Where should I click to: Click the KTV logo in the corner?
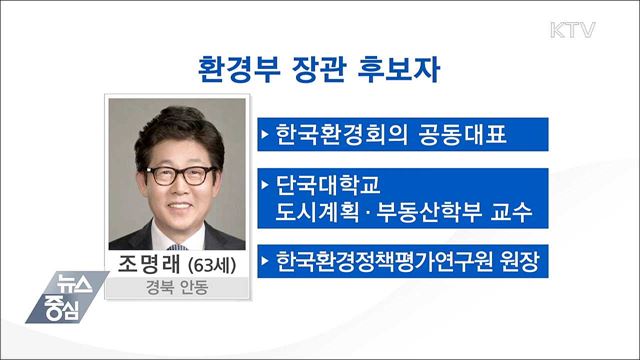click(573, 28)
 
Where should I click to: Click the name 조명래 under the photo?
click(146, 264)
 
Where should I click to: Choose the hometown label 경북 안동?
click(175, 290)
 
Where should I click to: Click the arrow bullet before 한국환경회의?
click(264, 132)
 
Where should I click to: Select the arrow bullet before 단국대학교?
click(264, 185)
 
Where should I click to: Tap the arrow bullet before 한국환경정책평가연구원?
click(264, 264)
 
